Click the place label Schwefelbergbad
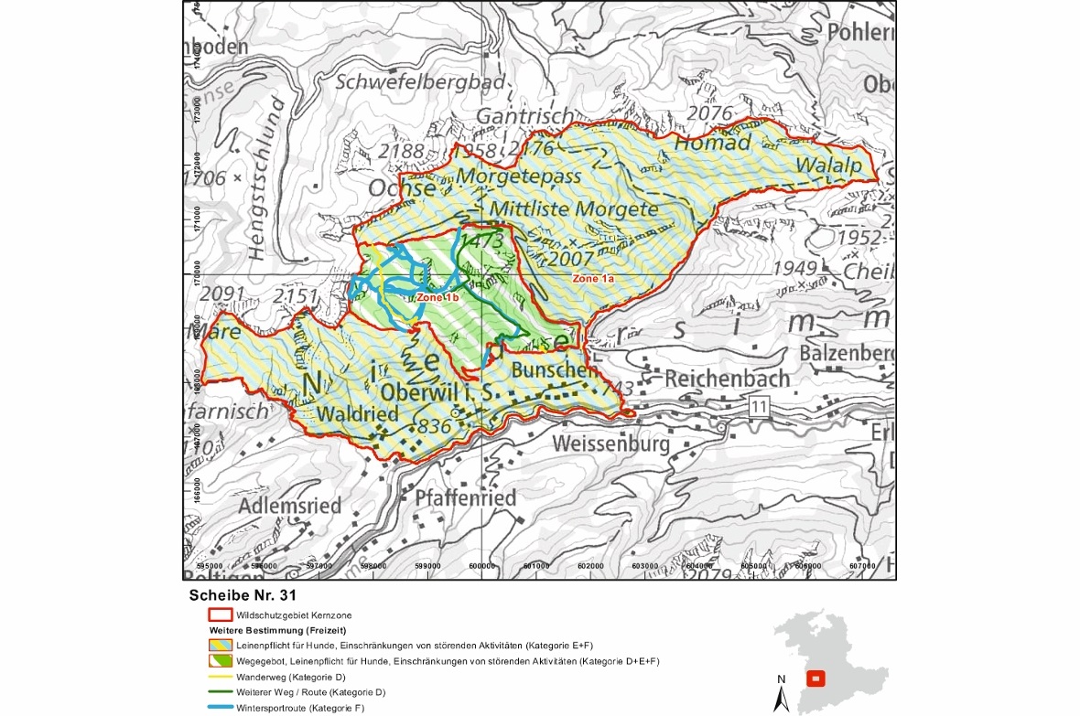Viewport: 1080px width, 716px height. click(420, 81)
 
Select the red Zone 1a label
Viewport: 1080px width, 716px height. click(593, 277)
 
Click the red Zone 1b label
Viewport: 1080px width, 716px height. click(437, 298)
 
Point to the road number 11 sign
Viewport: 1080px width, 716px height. click(759, 404)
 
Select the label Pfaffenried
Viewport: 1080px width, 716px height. click(465, 497)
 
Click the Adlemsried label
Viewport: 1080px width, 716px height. click(290, 505)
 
